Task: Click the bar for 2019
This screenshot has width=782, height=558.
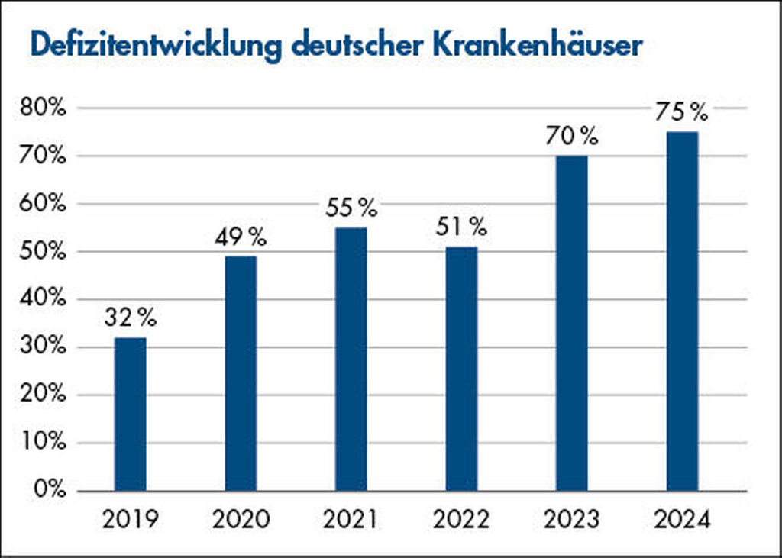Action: tap(130, 414)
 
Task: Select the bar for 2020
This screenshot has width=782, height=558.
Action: tap(241, 373)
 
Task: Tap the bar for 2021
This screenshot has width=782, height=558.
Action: tap(351, 359)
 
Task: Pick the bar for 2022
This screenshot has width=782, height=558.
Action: tap(461, 369)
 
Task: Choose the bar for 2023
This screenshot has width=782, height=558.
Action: tap(572, 323)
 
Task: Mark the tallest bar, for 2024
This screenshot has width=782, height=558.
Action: tap(682, 311)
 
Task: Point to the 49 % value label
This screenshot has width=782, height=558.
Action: tap(241, 237)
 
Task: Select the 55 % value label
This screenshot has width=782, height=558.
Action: tap(351, 208)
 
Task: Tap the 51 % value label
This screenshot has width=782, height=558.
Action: tap(461, 227)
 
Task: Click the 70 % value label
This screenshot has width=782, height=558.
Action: tap(572, 137)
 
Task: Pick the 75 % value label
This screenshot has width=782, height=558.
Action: tap(683, 113)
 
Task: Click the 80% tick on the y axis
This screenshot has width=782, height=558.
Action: tap(43, 108)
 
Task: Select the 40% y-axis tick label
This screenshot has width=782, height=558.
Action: tap(43, 299)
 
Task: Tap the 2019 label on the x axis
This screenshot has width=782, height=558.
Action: tap(130, 521)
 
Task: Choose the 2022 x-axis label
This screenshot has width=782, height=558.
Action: tap(461, 521)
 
